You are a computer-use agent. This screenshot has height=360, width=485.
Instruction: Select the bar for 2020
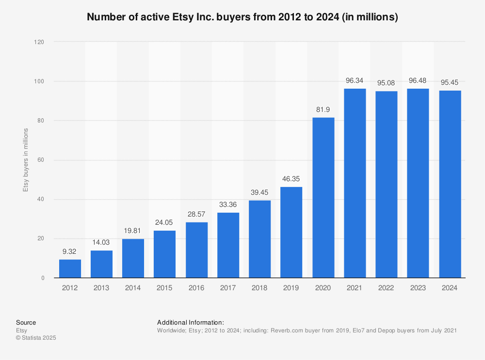click(323, 198)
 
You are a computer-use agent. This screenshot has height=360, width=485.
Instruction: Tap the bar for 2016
click(196, 250)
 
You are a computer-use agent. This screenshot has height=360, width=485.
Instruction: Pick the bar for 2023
click(418, 183)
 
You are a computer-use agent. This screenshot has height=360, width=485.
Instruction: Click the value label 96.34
click(355, 80)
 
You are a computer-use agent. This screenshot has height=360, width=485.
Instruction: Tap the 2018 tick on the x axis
click(259, 288)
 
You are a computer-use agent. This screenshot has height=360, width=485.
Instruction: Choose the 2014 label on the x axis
click(133, 288)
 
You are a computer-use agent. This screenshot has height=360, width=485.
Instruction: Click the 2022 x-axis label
click(386, 288)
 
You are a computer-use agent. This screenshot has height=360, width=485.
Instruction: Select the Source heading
click(26, 322)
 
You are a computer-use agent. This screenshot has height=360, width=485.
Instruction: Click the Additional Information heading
click(190, 322)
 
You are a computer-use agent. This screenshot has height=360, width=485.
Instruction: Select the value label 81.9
click(323, 109)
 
